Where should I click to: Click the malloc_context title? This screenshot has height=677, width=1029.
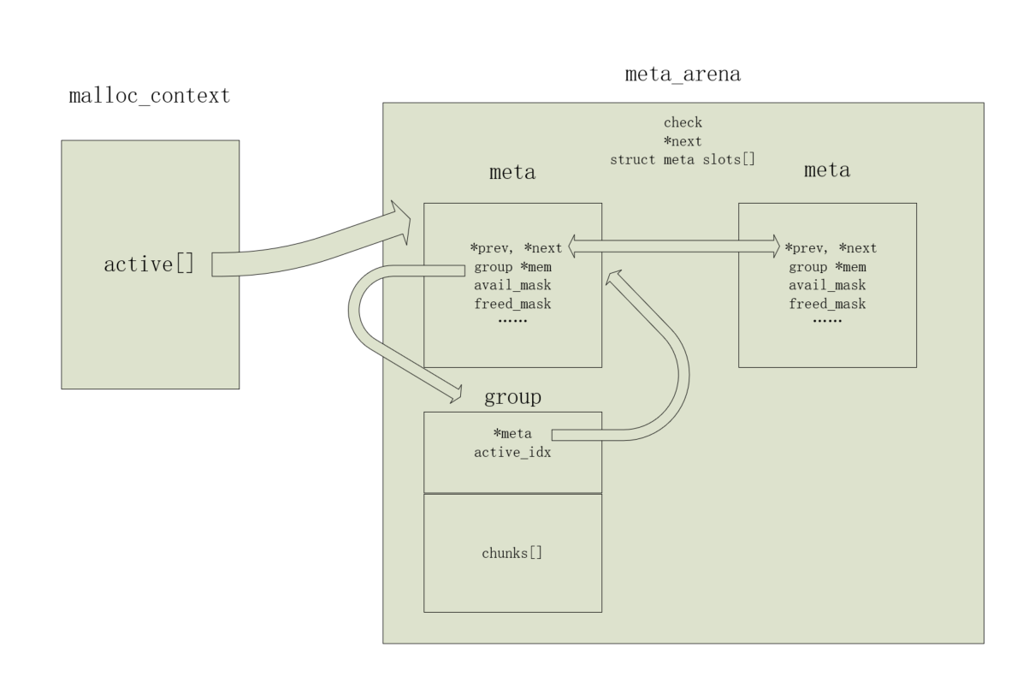150,97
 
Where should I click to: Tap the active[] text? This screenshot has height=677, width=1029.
150,264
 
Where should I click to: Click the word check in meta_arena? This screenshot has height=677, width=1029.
683,122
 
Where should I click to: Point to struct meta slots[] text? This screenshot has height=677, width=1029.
683,160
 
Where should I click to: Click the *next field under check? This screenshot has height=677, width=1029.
683,141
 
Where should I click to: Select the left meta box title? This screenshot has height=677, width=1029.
512,173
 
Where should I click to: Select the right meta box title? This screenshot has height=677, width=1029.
827,170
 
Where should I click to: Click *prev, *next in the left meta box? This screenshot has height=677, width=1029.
516,248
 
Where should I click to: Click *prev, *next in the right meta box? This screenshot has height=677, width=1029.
831,248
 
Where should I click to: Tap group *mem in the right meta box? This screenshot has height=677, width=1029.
827,267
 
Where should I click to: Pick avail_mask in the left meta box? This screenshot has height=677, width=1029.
512,285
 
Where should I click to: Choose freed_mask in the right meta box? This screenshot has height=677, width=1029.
827,304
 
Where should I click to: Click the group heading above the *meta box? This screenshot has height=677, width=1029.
512,396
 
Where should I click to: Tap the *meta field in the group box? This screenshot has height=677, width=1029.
512,433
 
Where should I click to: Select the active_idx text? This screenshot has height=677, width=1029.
512,453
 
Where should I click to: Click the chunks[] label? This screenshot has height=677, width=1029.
512,553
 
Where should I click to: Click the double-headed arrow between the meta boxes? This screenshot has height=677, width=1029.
674,246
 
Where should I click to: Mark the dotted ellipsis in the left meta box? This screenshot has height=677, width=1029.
512,321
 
